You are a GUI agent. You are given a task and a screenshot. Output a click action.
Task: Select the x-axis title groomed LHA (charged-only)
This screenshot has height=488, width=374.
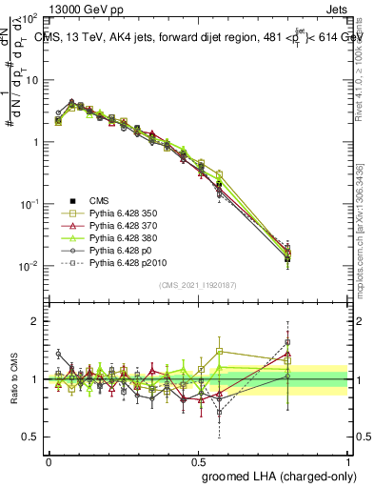pos(276,474)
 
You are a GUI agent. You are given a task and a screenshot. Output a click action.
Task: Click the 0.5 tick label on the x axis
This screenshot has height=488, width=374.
pos(198,458)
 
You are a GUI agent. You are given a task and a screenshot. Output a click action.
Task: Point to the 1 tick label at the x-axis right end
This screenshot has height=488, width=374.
pos(348,458)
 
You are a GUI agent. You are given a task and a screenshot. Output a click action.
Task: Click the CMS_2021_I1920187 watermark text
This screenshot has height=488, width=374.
pos(197,286)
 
